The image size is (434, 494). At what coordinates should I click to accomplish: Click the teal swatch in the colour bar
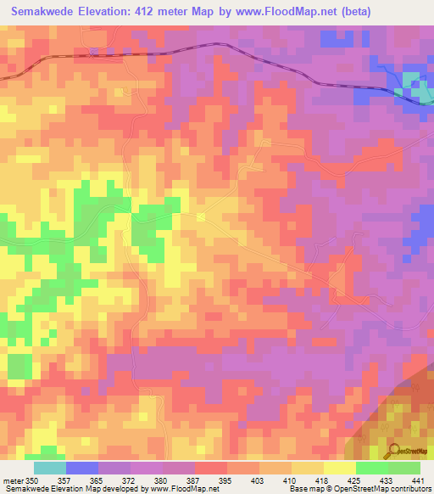click(x=50, y=468)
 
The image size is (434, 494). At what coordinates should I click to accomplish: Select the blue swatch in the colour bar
click(x=82, y=468)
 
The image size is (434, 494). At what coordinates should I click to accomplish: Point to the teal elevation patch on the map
click(x=411, y=82)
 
